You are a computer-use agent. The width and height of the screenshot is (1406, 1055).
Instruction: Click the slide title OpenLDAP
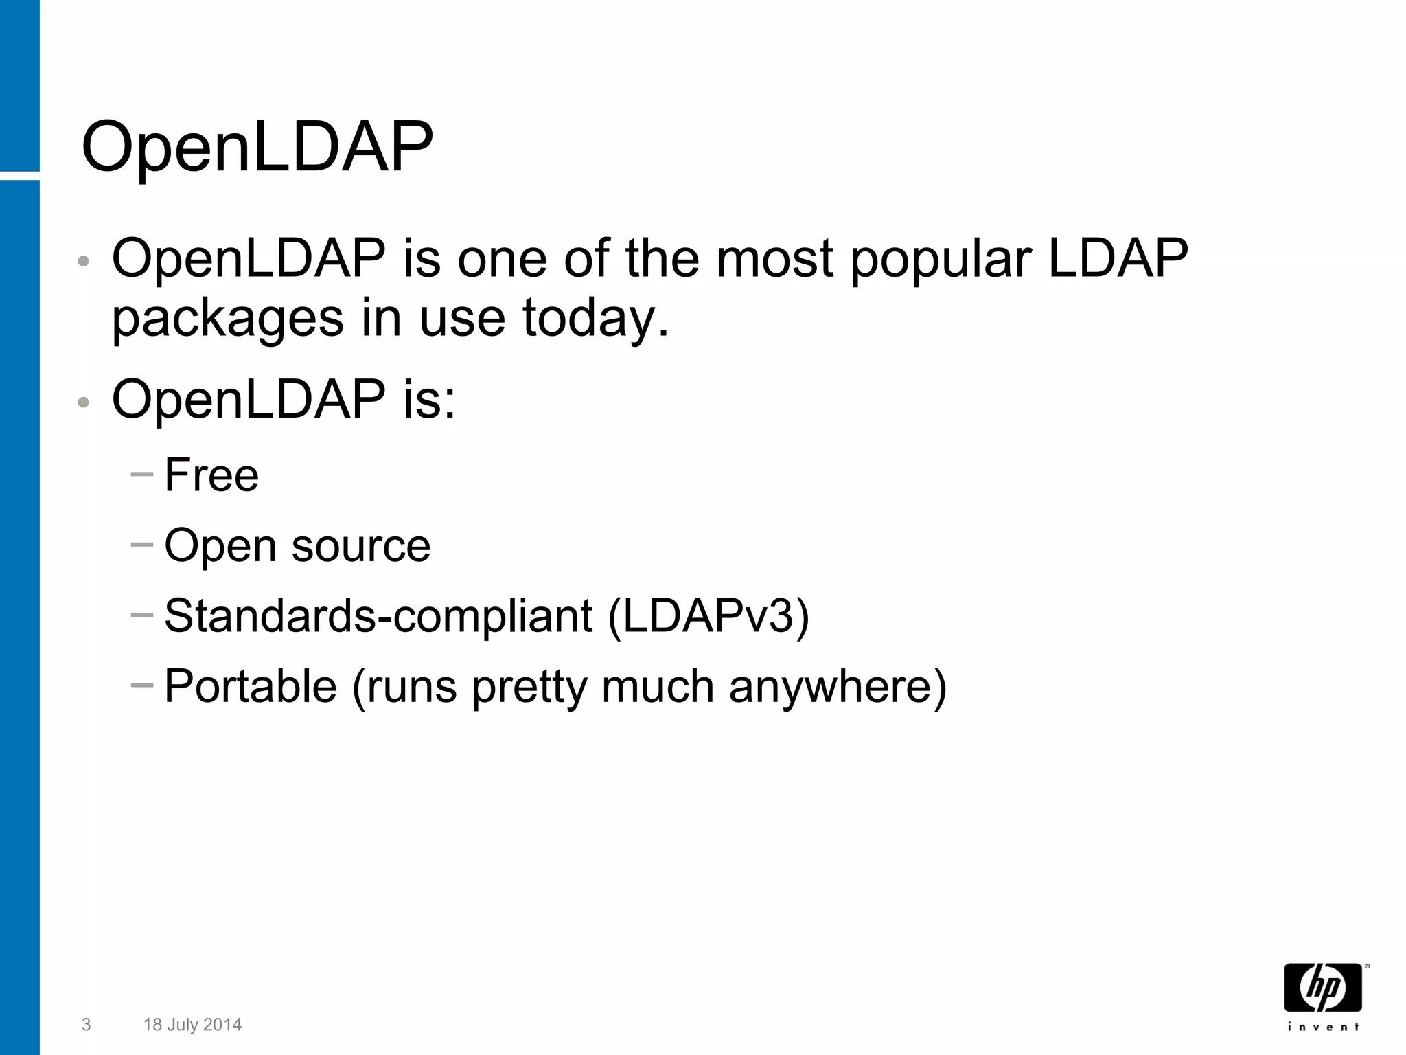click(257, 148)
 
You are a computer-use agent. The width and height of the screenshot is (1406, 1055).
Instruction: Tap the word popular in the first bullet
click(941, 260)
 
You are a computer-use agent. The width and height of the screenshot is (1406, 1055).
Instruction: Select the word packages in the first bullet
click(227, 319)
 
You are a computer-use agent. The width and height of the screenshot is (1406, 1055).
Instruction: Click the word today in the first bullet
click(588, 319)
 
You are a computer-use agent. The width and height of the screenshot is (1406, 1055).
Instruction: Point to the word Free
click(211, 475)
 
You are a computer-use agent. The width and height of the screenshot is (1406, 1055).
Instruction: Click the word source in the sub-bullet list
click(360, 546)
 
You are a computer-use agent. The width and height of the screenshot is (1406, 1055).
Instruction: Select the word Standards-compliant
click(378, 615)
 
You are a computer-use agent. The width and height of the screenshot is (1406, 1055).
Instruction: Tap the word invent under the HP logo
click(1323, 1027)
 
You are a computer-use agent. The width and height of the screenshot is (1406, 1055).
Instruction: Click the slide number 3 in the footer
click(86, 1025)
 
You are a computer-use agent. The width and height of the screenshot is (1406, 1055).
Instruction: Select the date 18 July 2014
click(192, 1025)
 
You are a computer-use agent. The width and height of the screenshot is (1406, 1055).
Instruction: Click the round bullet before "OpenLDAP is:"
click(84, 402)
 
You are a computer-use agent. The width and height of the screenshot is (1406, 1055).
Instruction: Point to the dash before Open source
click(141, 545)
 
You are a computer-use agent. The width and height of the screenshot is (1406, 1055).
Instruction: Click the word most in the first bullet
click(775, 259)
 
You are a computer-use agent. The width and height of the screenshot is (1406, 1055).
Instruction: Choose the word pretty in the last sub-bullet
click(529, 687)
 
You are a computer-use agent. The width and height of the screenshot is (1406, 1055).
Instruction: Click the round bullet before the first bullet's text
click(84, 262)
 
